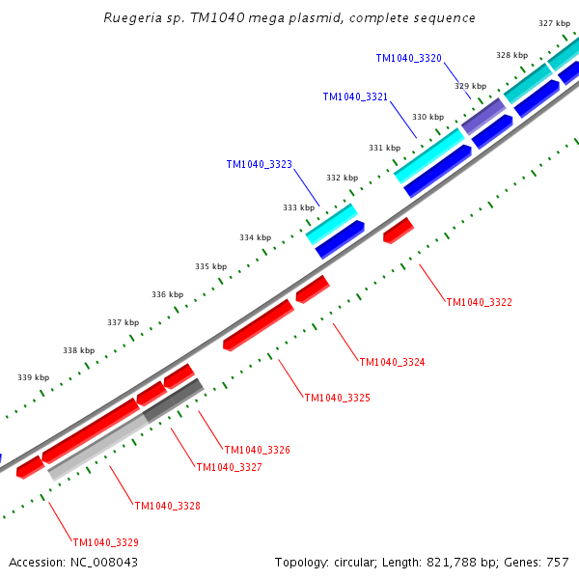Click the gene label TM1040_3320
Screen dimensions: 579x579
coord(409,58)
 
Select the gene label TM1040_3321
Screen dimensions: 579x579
coord(355,96)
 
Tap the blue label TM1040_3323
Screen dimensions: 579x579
coord(260,164)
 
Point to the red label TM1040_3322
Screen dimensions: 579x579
coord(480,302)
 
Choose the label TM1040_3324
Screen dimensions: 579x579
coord(392,362)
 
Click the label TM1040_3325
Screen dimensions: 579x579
coord(337,398)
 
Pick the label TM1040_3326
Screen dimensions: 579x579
coord(258,450)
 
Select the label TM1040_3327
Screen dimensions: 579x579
coord(230,467)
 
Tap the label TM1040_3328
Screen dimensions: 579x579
coord(168,506)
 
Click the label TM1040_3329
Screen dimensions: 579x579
coord(106,542)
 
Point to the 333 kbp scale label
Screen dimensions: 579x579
coord(299,207)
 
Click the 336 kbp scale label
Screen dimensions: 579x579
coord(167,294)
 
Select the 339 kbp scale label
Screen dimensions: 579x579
coord(33,377)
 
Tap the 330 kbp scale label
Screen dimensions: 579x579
coord(427,117)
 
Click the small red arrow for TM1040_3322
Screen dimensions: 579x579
coord(399,231)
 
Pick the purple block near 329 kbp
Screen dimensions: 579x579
coord(483,117)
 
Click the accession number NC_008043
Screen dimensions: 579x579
coord(104,563)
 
